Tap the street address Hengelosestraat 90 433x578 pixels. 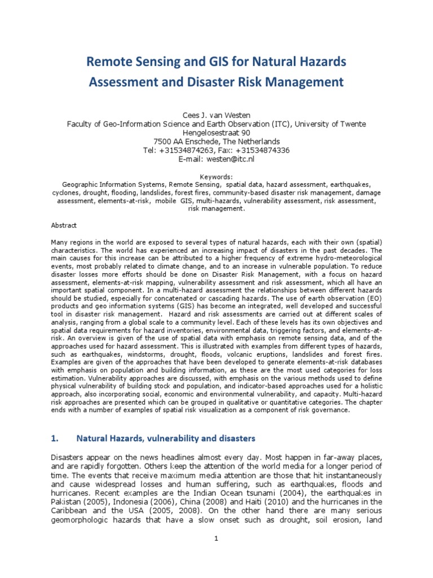(x=216, y=132)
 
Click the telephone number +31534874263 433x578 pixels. (x=188, y=150)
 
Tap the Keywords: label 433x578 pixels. (x=216, y=176)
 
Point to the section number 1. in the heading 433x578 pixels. (x=55, y=437)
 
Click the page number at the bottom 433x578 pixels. (x=216, y=538)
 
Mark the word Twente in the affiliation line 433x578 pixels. (x=352, y=123)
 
